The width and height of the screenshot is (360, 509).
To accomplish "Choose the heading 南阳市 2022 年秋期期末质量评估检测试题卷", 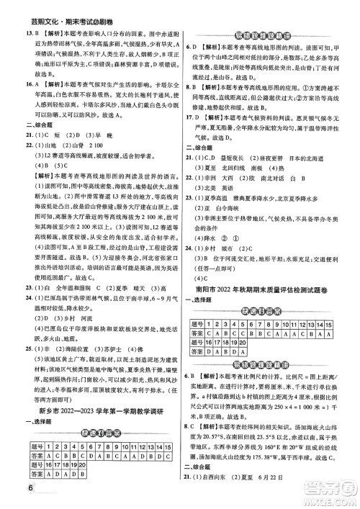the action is coord(268,273).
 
